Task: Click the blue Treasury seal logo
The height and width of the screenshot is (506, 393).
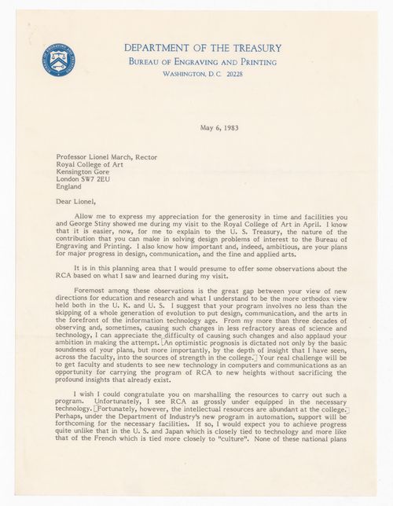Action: [x=59, y=60]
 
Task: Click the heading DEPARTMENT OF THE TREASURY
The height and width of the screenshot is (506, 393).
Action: [x=202, y=48]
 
